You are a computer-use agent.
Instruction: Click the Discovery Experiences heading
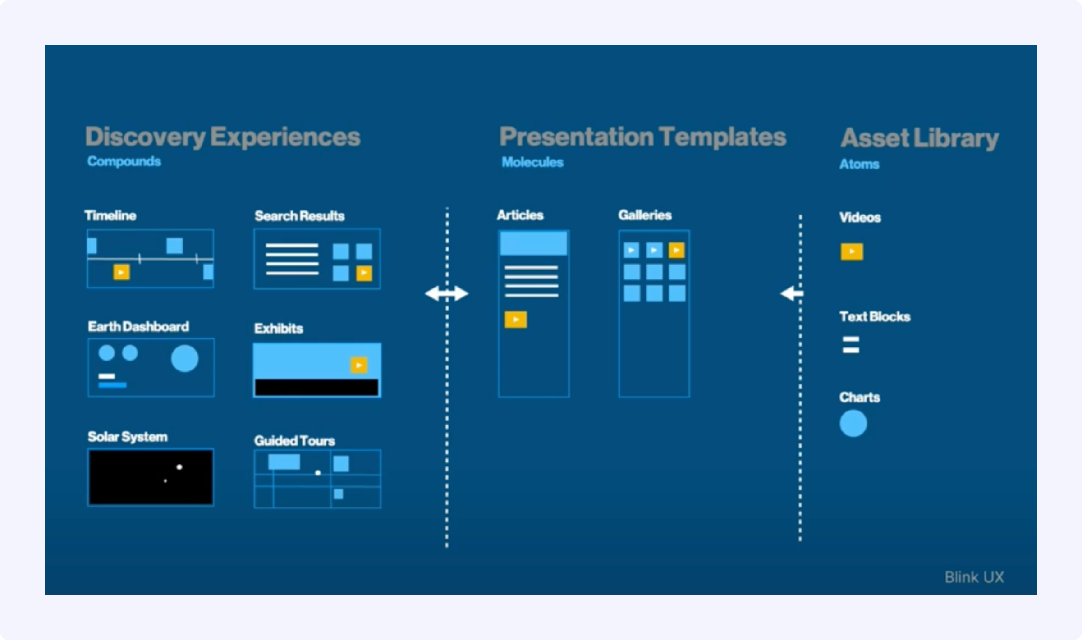[223, 137]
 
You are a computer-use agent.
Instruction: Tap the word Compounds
[124, 161]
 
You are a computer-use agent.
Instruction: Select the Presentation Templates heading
[642, 137]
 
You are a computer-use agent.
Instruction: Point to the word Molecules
[532, 162]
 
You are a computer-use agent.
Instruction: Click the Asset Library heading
[920, 138]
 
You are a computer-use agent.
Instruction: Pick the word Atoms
[859, 164]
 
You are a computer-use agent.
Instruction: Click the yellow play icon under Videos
[852, 251]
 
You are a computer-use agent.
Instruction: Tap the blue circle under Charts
[853, 423]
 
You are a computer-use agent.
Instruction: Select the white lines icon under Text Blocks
[851, 345]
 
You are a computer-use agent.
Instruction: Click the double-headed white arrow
[447, 293]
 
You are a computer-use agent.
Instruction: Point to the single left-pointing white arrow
[792, 293]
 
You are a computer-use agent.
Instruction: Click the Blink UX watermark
[974, 577]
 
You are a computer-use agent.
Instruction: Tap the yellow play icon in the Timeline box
[121, 272]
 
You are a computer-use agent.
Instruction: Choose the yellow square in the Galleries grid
[677, 250]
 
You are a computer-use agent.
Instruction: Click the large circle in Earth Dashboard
[184, 359]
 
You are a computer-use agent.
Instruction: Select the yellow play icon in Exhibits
[359, 365]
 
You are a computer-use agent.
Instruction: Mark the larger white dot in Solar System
[179, 467]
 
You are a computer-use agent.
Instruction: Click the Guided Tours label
[294, 441]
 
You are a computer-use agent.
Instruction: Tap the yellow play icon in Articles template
[516, 320]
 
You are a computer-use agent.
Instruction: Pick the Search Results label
[299, 216]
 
